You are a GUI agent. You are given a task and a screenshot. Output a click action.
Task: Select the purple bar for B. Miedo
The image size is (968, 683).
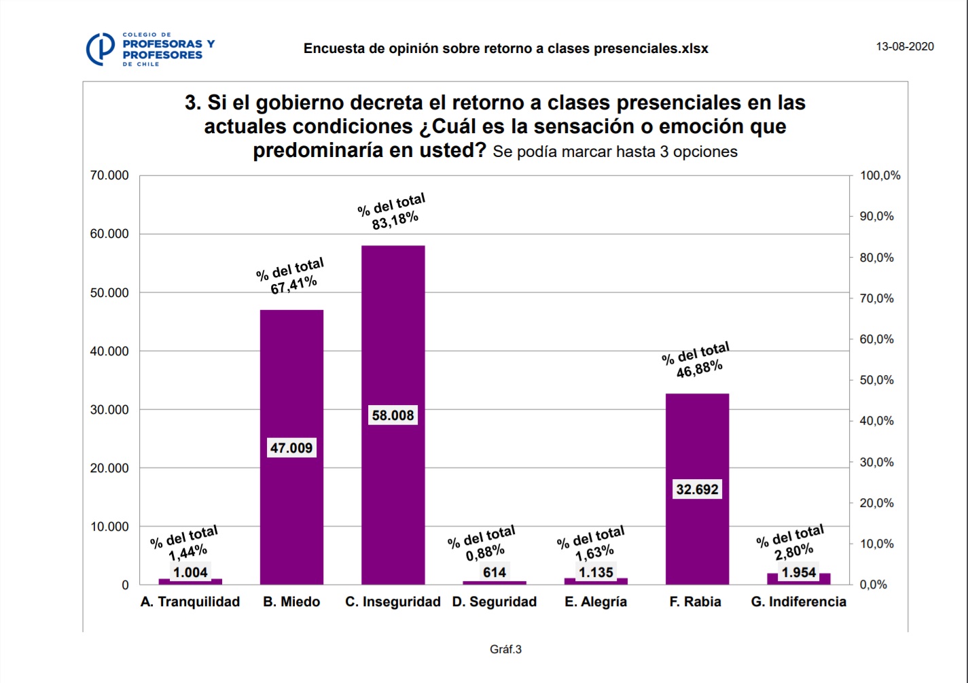tap(291, 381)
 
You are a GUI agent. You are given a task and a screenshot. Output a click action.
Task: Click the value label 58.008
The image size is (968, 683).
tap(393, 415)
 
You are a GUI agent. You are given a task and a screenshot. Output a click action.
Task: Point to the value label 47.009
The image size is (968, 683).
tap(291, 448)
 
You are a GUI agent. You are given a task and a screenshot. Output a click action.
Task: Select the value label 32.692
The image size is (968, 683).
tap(697, 489)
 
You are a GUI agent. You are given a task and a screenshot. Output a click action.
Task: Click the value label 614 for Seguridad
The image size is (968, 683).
tap(495, 572)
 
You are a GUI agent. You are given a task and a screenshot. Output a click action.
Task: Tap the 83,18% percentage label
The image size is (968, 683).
tap(395, 220)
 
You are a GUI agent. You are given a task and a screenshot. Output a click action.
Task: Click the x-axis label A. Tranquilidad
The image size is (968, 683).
tap(190, 601)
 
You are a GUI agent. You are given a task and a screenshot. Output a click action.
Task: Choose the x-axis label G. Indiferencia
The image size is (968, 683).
tap(798, 601)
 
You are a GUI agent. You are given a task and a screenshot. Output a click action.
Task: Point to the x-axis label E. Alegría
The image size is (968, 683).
tap(596, 601)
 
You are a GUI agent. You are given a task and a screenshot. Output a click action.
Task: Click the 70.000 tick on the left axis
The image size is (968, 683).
tap(109, 175)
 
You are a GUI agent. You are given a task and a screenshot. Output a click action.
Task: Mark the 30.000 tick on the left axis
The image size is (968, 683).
tap(109, 410)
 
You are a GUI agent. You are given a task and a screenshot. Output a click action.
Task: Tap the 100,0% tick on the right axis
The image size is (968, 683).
tap(880, 175)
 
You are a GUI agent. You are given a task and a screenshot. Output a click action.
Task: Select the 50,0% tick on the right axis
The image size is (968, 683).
tap(876, 380)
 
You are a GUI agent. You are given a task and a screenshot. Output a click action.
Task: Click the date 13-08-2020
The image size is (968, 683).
tap(905, 47)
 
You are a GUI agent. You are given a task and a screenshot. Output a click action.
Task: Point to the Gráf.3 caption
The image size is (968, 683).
tap(505, 650)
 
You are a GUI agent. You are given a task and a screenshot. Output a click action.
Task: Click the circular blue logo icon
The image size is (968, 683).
tap(101, 49)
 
